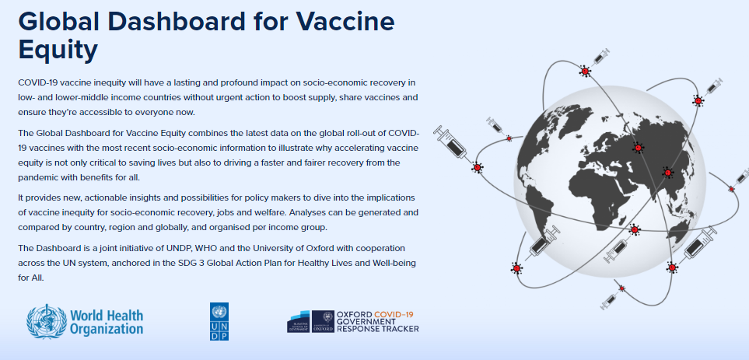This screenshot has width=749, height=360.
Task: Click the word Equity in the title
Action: tap(58, 49)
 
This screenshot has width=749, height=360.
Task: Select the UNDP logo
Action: tap(219, 321)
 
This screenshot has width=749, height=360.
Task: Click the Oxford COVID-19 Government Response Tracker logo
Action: tap(353, 322)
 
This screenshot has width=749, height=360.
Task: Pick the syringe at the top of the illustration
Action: tap(600, 57)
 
